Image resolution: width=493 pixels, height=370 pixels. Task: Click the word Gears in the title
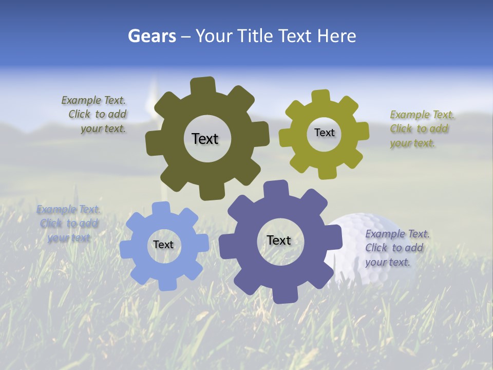tap(152, 36)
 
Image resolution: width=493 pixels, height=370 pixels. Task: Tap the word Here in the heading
tap(336, 36)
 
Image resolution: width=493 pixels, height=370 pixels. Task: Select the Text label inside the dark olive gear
tap(205, 139)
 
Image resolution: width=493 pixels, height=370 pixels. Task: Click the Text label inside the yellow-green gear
tap(324, 133)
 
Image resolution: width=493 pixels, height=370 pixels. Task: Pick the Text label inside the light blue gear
tap(163, 245)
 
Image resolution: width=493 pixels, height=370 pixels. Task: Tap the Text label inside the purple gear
tap(279, 240)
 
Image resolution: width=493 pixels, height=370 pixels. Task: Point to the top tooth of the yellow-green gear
tap(321, 97)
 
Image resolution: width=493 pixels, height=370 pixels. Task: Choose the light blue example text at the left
tap(68, 224)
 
